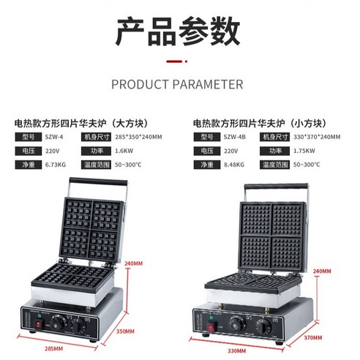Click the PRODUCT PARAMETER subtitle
(x=177, y=84)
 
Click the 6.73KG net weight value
(x=55, y=165)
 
